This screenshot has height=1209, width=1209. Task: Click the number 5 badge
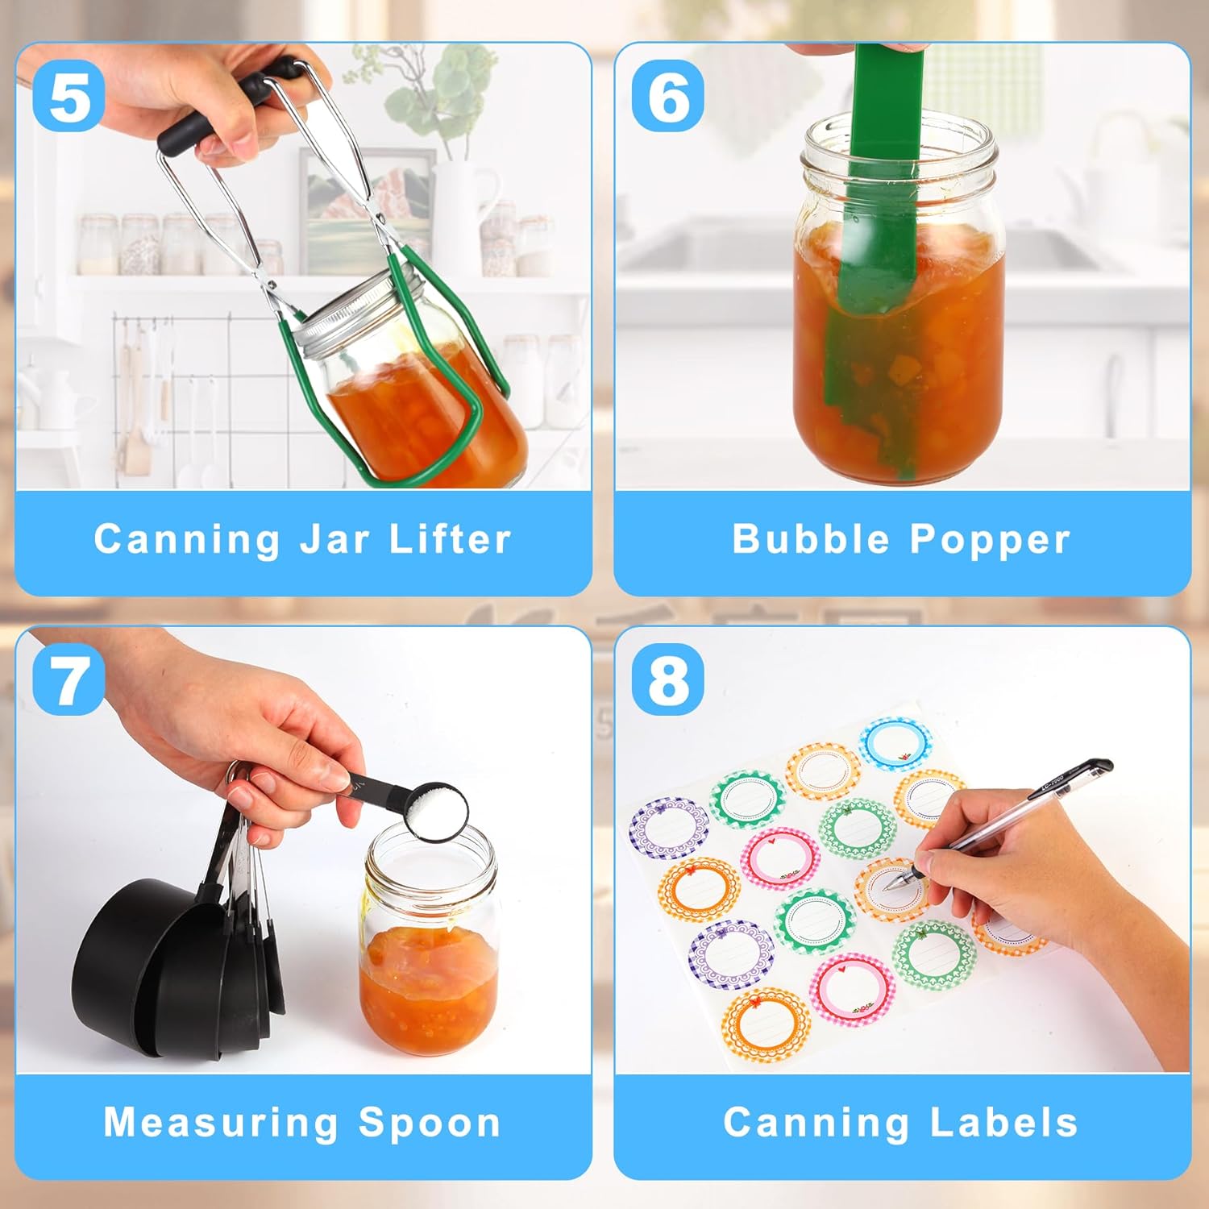(x=69, y=96)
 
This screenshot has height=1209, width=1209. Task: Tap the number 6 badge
(x=668, y=96)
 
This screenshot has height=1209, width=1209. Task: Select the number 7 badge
(x=69, y=679)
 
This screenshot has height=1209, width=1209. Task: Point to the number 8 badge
(x=668, y=679)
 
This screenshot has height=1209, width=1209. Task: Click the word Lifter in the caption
(x=450, y=538)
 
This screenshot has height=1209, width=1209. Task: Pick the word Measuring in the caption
(x=222, y=1124)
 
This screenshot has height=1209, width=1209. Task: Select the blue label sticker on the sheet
(x=895, y=743)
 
